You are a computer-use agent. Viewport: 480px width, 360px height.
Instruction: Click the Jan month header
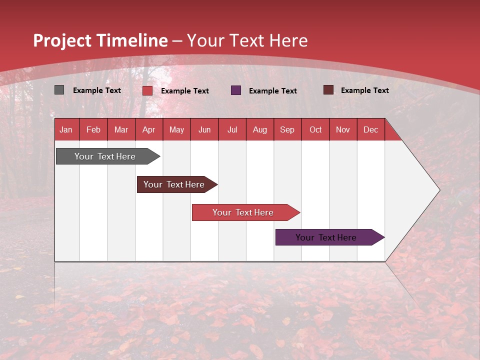point(66,129)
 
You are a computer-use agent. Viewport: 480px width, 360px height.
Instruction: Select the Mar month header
point(121,129)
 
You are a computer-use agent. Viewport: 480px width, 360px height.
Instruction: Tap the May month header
point(176,129)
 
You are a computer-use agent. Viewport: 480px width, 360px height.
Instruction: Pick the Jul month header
point(232,129)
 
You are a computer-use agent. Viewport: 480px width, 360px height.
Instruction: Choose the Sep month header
point(287,129)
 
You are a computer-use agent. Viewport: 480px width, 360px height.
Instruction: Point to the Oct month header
point(315,129)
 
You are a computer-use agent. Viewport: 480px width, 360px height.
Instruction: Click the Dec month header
point(370,129)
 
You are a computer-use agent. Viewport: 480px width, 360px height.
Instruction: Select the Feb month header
point(93,129)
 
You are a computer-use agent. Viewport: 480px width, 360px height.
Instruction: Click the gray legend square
point(59,90)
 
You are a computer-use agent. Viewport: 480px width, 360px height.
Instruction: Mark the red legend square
point(147,90)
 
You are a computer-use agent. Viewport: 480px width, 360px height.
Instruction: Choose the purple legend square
point(236,90)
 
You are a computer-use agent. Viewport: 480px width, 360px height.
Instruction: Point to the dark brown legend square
point(328,90)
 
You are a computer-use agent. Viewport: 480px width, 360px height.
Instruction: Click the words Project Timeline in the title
point(100,40)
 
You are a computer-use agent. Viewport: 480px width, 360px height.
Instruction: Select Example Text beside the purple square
point(272,91)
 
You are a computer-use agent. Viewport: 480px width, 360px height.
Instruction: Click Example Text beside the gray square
point(96,90)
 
